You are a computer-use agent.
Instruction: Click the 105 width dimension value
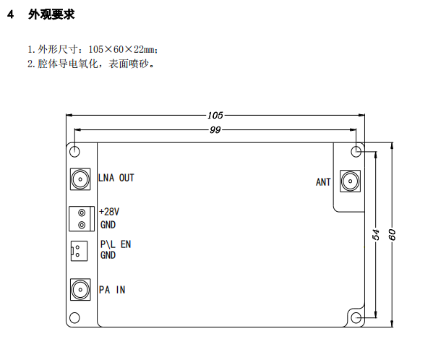(x=215, y=115)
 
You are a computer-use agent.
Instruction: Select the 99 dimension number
(x=215, y=129)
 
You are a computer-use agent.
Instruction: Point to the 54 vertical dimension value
(x=376, y=234)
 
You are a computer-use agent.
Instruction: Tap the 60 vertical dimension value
(x=392, y=234)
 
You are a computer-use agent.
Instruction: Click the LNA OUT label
(x=116, y=178)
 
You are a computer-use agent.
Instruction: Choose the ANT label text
(x=323, y=182)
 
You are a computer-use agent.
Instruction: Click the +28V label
(x=109, y=212)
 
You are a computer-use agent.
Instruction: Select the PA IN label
(x=112, y=290)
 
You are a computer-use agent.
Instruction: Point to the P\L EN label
(x=116, y=244)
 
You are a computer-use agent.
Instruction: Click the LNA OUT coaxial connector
(x=80, y=179)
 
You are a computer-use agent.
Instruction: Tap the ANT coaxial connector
(x=350, y=181)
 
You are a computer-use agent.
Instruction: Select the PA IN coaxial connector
(x=80, y=290)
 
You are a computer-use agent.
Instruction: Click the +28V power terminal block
(x=82, y=219)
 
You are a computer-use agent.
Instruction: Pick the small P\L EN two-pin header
(x=79, y=251)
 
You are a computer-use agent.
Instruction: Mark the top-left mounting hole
(x=74, y=151)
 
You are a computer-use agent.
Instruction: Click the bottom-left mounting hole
(x=74, y=318)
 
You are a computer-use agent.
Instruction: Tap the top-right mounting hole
(x=356, y=151)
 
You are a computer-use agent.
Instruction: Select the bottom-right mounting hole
(x=356, y=318)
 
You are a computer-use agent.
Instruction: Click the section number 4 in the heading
(x=11, y=14)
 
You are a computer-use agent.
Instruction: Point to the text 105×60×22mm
(x=121, y=49)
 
